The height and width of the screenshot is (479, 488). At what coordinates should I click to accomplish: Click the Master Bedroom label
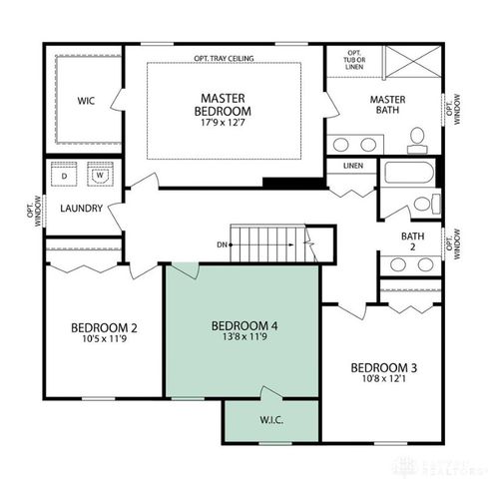coord(224,104)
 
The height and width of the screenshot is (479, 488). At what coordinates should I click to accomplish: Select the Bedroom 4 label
coord(244,325)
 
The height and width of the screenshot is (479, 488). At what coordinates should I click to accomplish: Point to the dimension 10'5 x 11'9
coord(104,339)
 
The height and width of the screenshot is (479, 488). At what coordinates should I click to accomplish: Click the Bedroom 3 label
coord(383,368)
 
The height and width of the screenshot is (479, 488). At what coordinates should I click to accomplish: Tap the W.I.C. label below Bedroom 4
coord(270,419)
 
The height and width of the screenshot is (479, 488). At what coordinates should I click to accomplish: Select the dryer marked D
coord(66,176)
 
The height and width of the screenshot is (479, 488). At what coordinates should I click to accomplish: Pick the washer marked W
coord(100,176)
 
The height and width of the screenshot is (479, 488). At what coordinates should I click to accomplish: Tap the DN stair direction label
coord(223,244)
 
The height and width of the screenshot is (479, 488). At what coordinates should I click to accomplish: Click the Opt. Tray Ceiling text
coord(224,59)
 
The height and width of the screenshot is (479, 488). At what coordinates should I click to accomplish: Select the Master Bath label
coord(386,105)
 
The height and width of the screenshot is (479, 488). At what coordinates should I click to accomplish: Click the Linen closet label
coord(352,166)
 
